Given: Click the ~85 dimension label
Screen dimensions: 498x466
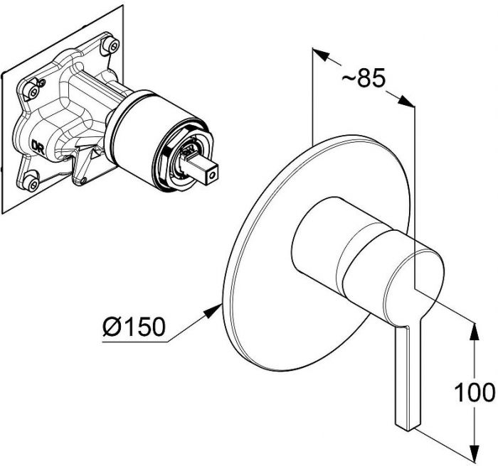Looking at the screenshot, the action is point(364,77).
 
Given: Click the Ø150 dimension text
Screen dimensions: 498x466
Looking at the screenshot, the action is point(134,327).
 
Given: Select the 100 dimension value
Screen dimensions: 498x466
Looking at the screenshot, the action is point(475,392).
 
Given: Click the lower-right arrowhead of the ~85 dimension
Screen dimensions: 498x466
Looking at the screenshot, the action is point(407,101).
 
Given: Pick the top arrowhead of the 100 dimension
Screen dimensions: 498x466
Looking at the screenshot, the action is point(475,331).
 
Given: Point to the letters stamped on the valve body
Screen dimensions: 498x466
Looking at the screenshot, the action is point(38,147).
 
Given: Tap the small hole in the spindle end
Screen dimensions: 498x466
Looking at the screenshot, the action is point(213,173).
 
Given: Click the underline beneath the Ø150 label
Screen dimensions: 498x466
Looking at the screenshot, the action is point(135,342).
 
